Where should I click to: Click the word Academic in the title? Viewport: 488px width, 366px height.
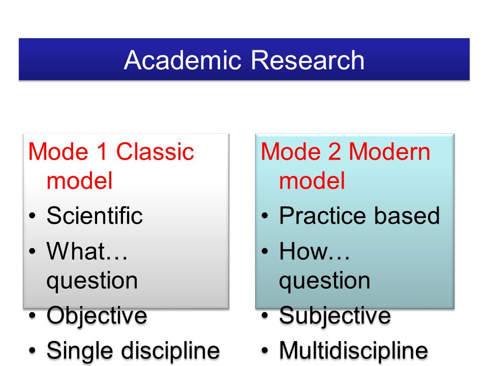tap(182, 60)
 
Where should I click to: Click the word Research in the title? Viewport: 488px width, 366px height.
tap(308, 60)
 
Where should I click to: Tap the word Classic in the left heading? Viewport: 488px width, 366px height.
tap(155, 151)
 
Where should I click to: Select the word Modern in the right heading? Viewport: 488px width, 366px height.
tap(389, 151)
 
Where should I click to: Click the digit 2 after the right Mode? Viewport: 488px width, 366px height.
tap(334, 151)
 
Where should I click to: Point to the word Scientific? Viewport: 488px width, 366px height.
tap(95, 216)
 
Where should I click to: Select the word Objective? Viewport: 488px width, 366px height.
tap(97, 316)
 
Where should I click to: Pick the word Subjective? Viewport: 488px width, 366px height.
tap(335, 316)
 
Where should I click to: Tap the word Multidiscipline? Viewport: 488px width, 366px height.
tap(354, 350)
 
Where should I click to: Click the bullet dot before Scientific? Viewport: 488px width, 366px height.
tap(33, 216)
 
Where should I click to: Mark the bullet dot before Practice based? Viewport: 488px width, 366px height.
tap(265, 216)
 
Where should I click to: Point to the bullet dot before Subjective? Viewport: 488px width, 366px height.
tap(265, 316)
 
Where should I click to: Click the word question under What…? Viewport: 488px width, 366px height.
tap(92, 281)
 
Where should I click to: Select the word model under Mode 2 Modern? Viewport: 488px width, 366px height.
tap(312, 180)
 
